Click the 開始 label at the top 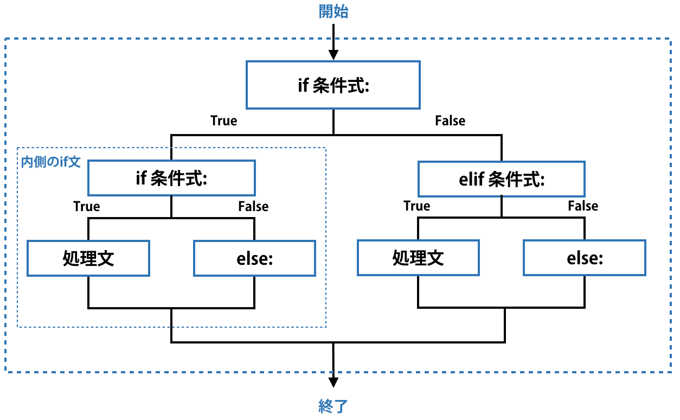pos(333,12)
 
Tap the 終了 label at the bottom pos(333,406)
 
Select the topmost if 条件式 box pos(333,85)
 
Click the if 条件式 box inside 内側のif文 pos(171,178)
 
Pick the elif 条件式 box pos(502,179)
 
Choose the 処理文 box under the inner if pos(88,258)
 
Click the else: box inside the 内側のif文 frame pos(254,258)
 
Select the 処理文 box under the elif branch pos(418,258)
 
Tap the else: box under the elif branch pos(585,258)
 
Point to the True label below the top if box pos(224,120)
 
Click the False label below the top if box pos(450,120)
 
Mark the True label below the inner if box pos(87,206)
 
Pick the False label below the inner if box pos(253,206)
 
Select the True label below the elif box pos(417,206)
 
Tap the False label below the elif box pos(583,206)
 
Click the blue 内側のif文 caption pos(50,162)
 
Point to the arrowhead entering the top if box pos(333,55)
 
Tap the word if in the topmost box pos(303,85)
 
